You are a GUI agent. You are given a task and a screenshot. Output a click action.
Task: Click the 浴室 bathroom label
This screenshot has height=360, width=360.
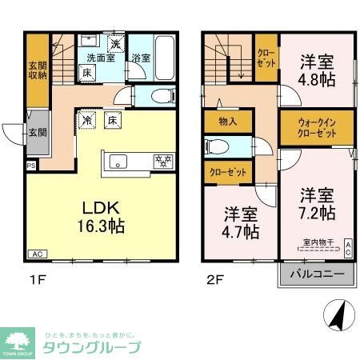142,58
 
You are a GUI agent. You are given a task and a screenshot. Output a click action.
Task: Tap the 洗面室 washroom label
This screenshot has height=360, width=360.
102,58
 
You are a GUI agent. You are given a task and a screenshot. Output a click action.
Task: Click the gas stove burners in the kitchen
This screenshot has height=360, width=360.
162,161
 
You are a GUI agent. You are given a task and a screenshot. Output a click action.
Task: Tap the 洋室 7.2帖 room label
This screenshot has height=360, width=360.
318,204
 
